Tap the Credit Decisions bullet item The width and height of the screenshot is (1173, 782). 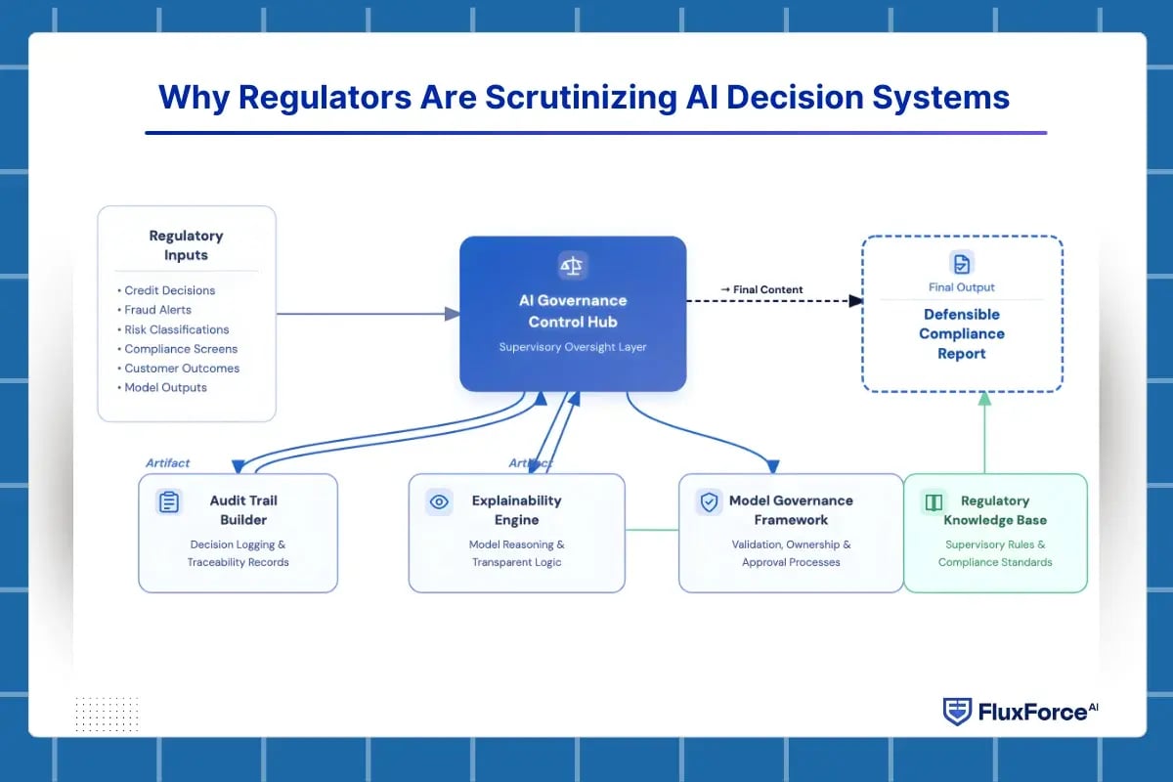coord(169,290)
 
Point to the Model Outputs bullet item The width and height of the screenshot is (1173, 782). coord(165,387)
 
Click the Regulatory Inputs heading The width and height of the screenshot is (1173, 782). coord(186,245)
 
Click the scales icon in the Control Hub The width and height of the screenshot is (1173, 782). coord(572,265)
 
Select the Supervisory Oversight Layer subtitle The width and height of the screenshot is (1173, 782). coord(573,347)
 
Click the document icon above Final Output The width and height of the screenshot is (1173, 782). coord(962,263)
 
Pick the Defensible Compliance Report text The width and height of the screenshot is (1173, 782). coord(962,333)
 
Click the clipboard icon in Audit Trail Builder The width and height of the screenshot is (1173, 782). coord(169,502)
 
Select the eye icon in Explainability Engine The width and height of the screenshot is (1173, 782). coord(439,502)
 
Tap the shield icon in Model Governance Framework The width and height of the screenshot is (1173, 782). coord(708,502)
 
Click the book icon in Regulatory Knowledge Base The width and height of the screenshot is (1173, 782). coord(933,502)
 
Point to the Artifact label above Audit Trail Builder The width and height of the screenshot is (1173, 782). coord(168,463)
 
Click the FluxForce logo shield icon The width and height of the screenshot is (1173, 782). coord(957,712)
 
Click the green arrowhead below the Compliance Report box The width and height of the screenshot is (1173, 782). coord(984,399)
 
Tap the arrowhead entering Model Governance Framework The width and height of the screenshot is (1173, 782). coord(773,465)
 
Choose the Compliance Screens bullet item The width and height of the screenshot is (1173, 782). coord(181,349)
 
